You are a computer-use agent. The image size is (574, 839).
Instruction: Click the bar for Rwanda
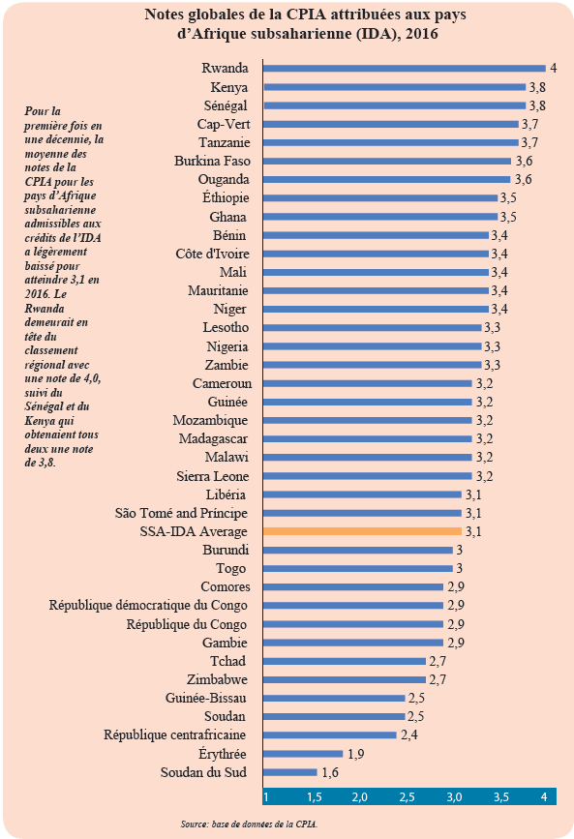405,69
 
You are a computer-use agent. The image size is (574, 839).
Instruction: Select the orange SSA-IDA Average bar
362,531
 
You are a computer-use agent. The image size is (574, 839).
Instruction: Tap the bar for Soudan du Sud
289,772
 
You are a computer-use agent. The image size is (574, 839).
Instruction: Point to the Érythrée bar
303,754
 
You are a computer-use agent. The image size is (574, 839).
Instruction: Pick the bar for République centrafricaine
330,735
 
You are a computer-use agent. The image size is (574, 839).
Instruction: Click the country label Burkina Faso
212,161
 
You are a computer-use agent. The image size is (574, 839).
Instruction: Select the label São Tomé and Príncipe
181,513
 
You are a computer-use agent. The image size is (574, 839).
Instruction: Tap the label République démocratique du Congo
148,605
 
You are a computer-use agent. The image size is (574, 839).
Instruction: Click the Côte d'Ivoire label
213,254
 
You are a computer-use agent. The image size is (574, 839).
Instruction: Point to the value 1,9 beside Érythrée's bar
356,754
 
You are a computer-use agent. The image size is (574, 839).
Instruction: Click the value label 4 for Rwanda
554,68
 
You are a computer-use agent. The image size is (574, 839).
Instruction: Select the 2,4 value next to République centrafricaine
409,735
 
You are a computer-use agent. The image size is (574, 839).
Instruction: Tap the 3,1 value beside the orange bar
473,531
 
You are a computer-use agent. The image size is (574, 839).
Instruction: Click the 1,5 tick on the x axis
315,796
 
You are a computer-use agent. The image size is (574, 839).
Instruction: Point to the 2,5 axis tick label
407,796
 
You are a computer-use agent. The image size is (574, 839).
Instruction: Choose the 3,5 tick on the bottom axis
501,796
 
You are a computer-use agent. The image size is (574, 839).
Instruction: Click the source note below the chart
249,824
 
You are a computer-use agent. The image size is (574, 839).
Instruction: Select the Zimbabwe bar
345,679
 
